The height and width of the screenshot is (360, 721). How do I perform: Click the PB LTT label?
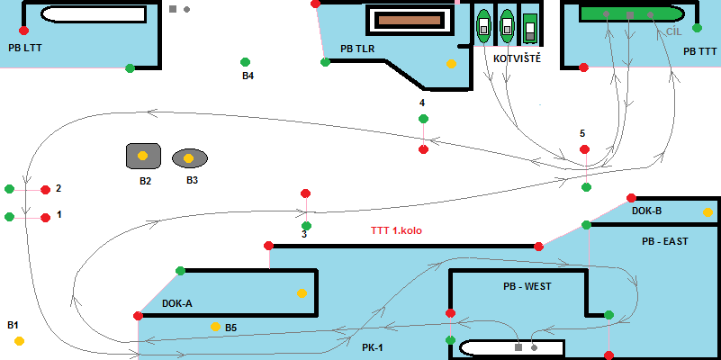pos(24,46)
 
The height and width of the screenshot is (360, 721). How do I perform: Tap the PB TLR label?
pos(357,49)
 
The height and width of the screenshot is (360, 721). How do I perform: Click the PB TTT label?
pos(701,51)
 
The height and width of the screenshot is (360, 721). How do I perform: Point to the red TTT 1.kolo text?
pos(396,230)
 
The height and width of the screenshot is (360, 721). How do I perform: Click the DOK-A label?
pos(177,303)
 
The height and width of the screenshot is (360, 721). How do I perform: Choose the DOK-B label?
pos(646,211)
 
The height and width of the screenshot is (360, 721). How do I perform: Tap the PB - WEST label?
pos(527,286)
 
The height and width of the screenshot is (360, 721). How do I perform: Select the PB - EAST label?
pos(664,242)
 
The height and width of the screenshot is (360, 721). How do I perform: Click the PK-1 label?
pos(373,346)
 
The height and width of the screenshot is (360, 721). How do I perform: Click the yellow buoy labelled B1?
pos(19,340)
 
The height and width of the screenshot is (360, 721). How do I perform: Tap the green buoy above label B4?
pos(245,62)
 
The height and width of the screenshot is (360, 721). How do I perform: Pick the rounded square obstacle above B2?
pos(142,155)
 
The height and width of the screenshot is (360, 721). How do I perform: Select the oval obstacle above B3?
pos(189,158)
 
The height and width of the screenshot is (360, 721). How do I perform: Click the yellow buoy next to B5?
pos(215,326)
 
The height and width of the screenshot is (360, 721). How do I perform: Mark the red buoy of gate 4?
pos(423,149)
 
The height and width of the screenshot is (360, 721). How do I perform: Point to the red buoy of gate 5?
pos(584,148)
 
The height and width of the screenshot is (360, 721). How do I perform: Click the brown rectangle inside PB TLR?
pos(406,20)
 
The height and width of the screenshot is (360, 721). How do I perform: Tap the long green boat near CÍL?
pos(631,13)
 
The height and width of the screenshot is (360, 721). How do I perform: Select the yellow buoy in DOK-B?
pos(707,212)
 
